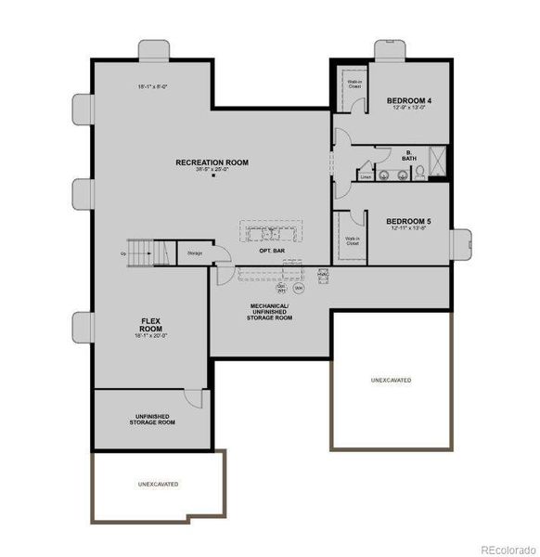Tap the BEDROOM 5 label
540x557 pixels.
point(408,221)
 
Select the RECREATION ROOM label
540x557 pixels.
point(212,162)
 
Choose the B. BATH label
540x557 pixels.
point(408,156)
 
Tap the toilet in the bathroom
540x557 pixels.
point(418,174)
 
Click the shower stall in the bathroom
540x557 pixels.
point(441,164)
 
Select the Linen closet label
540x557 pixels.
point(366,175)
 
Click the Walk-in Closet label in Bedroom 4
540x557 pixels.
point(354,84)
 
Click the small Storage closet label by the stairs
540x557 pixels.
point(194,253)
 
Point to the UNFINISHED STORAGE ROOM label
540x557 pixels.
point(151,420)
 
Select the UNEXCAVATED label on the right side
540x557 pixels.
point(391,381)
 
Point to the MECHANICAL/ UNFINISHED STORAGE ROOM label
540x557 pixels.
point(269,311)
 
